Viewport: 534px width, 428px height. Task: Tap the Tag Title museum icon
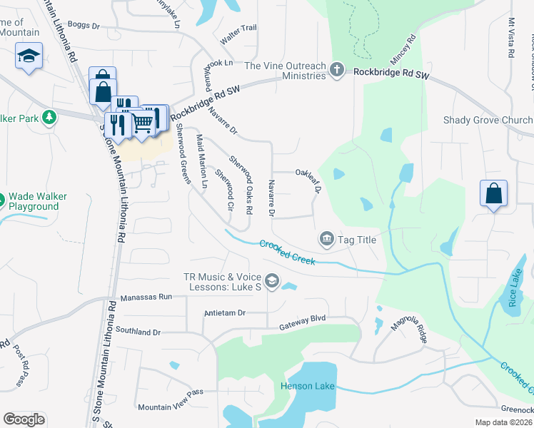(327, 238)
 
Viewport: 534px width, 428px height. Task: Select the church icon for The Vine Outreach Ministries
(338, 70)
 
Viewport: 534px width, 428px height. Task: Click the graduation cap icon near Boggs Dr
(29, 56)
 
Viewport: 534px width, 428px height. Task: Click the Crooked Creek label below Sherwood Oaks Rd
(288, 253)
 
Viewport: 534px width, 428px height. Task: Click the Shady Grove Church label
(488, 120)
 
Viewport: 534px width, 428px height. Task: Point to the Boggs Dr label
(84, 24)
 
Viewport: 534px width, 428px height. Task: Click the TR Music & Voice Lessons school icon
(271, 282)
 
